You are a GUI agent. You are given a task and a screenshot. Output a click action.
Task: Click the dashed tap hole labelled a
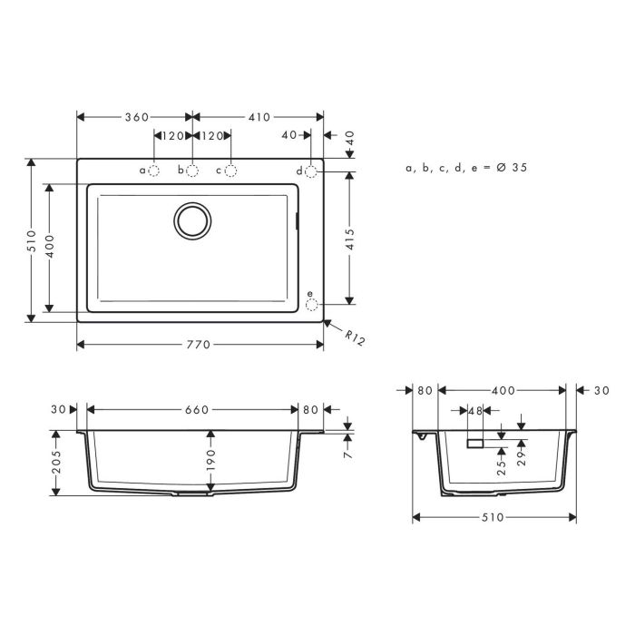[x=154, y=171]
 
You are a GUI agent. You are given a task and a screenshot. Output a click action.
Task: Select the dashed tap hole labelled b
[x=192, y=171]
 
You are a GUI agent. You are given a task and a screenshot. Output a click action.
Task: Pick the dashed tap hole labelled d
[x=311, y=171]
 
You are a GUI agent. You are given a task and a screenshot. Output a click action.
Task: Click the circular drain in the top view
[x=192, y=220]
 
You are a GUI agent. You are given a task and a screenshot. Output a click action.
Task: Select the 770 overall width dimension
[x=199, y=345]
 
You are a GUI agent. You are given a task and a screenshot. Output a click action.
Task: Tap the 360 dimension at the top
[x=136, y=118]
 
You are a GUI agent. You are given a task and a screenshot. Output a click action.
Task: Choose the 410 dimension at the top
[x=259, y=118]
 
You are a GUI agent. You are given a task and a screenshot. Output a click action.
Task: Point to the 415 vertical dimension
[x=350, y=239]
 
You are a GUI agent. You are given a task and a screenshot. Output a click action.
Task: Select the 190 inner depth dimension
[x=210, y=460]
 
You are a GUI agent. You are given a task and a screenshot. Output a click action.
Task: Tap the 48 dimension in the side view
[x=475, y=411]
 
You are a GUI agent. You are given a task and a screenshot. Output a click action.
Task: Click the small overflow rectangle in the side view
[x=475, y=444]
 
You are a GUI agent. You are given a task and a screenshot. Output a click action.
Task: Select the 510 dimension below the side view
[x=494, y=518]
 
